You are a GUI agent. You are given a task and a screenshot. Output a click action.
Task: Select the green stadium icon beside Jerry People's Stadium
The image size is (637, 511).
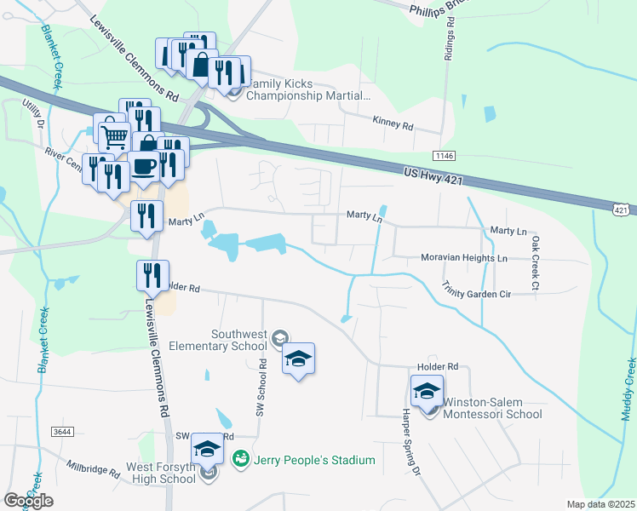(240, 460)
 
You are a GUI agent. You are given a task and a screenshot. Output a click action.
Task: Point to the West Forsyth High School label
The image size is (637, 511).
(161, 473)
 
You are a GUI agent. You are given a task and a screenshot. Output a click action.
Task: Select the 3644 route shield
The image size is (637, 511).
(61, 432)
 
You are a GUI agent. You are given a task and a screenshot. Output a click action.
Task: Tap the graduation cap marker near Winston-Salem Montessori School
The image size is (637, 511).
(427, 391)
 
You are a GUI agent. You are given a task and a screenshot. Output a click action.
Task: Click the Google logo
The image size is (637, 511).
(28, 501)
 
